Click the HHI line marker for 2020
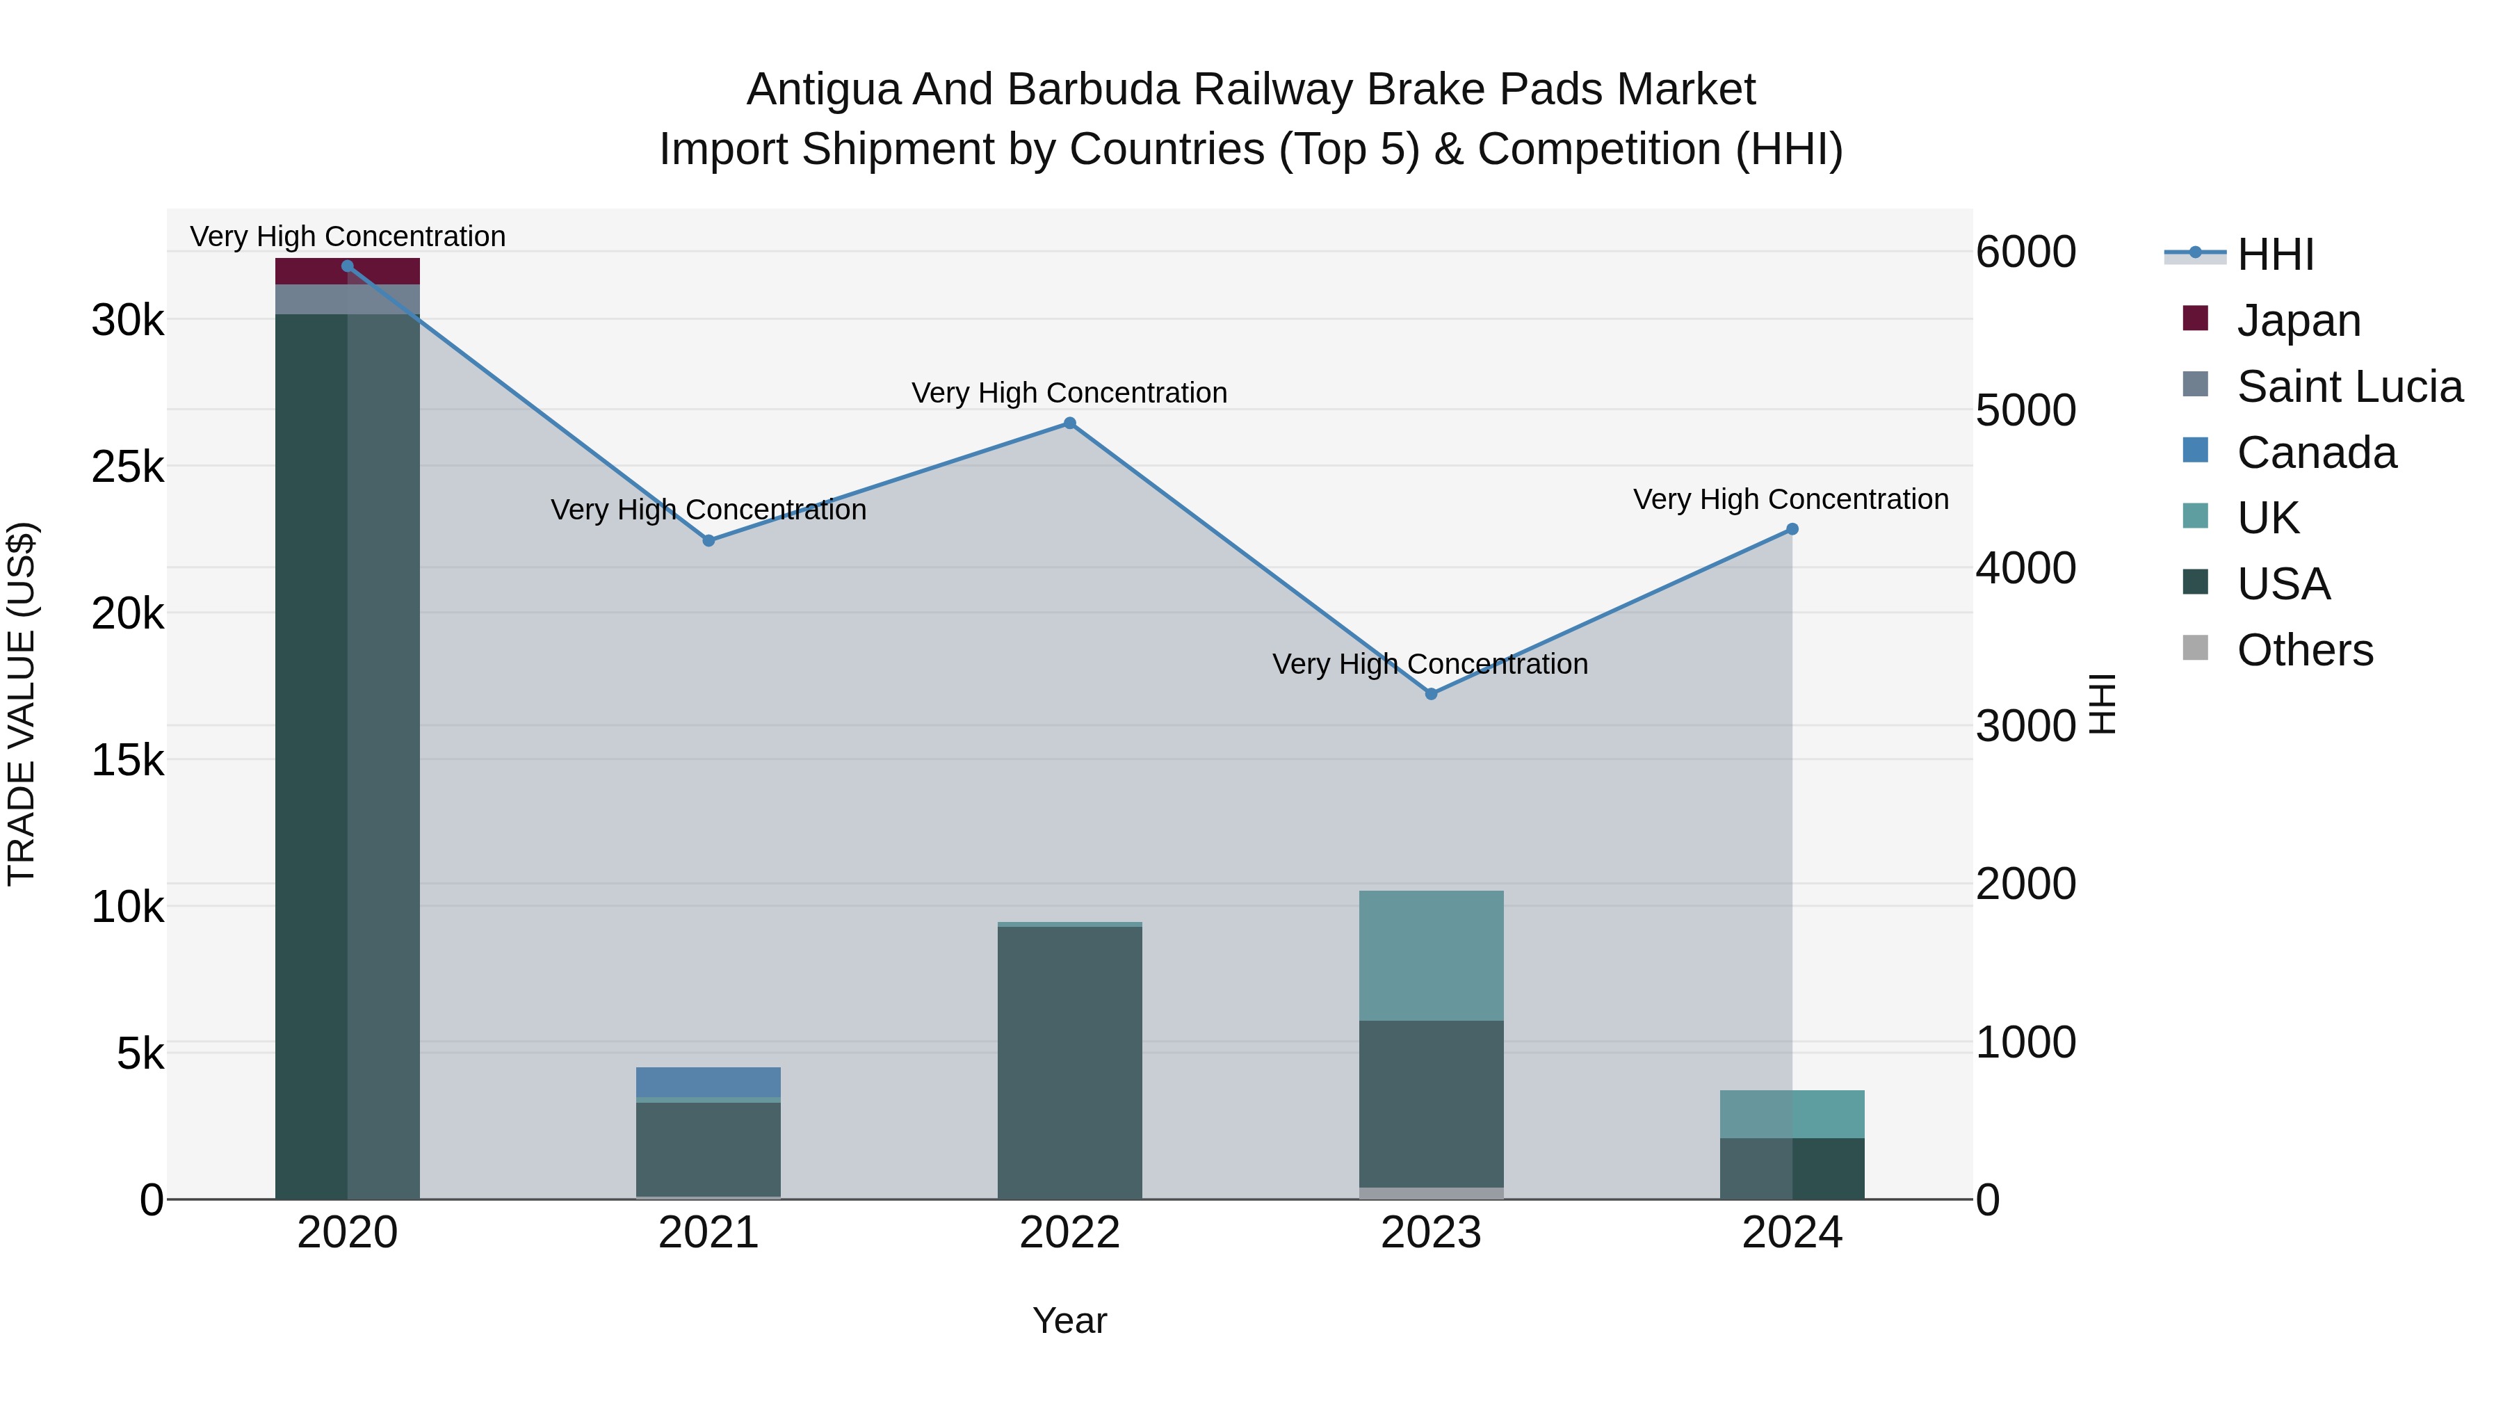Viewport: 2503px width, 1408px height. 348,266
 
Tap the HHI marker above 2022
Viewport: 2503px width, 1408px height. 1070,423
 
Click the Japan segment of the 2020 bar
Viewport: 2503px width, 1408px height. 348,271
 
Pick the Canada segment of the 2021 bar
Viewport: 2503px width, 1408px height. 708,1081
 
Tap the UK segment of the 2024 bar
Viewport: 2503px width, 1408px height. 1792,1114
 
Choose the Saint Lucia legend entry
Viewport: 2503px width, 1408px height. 2349,387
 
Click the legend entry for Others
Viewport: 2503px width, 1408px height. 2304,650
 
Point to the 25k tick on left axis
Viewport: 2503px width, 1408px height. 127,467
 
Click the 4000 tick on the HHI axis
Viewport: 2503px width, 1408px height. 2026,569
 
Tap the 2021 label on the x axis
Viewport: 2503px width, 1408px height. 708,1233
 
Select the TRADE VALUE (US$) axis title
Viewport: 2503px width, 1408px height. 22,704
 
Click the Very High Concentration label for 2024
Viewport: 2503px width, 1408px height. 1791,499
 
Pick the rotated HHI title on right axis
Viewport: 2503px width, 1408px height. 2100,704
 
